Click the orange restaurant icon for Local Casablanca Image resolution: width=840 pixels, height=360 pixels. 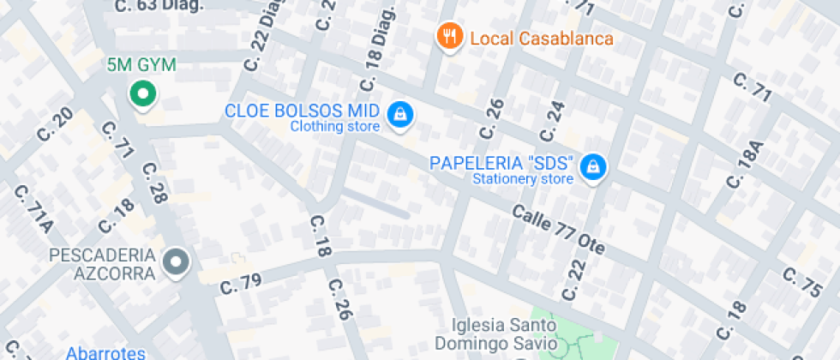(x=449, y=36)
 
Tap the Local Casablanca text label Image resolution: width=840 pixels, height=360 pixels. (x=542, y=39)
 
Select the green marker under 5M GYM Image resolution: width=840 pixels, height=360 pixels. (x=142, y=94)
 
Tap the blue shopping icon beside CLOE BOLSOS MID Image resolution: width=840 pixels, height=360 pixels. (x=399, y=114)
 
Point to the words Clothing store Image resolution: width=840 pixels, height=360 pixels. (x=334, y=127)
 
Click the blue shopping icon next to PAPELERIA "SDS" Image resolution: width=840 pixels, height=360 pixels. (x=591, y=166)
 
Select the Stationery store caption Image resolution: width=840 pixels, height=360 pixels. (x=522, y=179)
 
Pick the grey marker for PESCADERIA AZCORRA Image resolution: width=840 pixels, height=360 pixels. (x=177, y=261)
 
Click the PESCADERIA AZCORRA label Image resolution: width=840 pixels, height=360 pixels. (x=103, y=264)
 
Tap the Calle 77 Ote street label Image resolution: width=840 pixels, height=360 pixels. (x=560, y=230)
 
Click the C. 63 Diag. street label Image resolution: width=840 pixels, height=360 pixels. (x=159, y=6)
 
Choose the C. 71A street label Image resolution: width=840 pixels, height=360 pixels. (x=33, y=208)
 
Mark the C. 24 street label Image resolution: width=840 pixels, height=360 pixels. (x=554, y=122)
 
